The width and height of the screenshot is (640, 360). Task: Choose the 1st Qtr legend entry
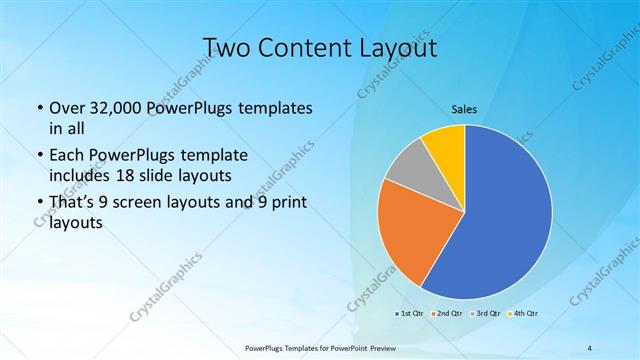point(409,313)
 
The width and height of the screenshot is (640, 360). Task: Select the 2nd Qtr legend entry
point(446,313)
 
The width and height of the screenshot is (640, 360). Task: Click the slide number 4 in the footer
point(590,348)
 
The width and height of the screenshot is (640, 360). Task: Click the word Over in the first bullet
point(67,107)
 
